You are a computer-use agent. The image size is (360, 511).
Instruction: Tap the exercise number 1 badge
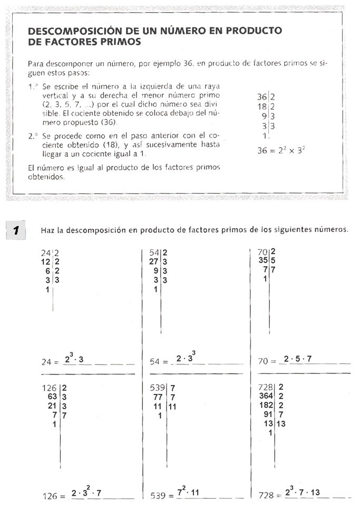pos(16,230)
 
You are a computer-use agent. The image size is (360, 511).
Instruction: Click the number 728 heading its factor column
pos(266,388)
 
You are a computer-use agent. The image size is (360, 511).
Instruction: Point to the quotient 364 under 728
pos(266,397)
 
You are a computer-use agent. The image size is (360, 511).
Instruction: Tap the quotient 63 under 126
pos(52,397)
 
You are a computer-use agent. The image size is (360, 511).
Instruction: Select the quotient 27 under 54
pos(154,262)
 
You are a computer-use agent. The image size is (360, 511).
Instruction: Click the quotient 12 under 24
pos(46,262)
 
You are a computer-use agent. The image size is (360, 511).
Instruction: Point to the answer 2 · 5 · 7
pos(298,360)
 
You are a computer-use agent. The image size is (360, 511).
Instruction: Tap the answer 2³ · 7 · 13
pos(302,494)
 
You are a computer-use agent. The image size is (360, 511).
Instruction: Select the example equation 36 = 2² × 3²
pos(281,150)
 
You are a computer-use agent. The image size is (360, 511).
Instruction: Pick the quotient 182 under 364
pos(266,406)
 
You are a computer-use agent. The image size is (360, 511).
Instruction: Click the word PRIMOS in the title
pos(122,41)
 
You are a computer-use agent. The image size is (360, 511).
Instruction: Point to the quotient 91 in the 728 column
pos(268,415)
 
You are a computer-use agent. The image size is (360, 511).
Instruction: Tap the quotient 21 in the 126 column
pos(52,406)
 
